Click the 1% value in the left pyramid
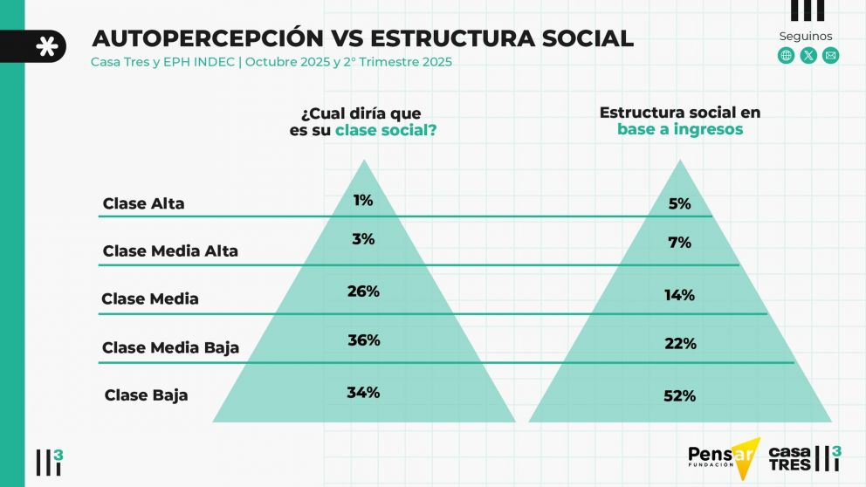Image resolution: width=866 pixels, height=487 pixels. tap(363, 201)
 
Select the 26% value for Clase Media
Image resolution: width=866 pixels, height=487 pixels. tap(363, 292)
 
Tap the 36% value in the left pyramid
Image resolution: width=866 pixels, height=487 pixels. tap(363, 340)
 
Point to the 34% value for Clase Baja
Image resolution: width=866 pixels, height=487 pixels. tap(363, 393)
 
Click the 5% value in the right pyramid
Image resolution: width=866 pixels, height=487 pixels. tap(679, 204)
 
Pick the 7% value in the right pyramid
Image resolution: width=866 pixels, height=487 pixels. tap(679, 243)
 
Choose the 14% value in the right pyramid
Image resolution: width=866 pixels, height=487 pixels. tap(679, 295)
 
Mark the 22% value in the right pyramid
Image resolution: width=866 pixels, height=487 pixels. tap(679, 344)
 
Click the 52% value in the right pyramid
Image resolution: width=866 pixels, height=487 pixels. tap(679, 396)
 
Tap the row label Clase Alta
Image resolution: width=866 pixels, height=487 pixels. tap(144, 204)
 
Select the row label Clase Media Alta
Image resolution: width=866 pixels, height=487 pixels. tap(170, 251)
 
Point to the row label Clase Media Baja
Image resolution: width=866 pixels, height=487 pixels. tap(170, 348)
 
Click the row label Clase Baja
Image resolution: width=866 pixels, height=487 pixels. tap(146, 395)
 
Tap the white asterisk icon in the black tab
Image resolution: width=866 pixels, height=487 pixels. tap(47, 46)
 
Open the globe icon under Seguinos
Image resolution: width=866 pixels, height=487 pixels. tap(786, 56)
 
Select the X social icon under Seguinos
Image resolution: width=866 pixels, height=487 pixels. tap(808, 56)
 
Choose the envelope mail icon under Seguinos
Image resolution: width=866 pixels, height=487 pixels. tap(830, 56)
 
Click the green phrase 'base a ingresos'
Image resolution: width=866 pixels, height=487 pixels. tap(680, 129)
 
